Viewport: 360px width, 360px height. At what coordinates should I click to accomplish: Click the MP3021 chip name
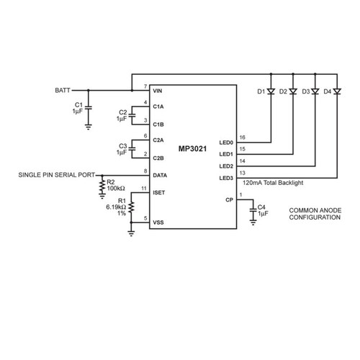pyautogui.click(x=192, y=149)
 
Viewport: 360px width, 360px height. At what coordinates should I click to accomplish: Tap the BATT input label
pyautogui.click(x=63, y=91)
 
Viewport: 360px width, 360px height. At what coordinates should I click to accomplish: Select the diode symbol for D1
pyautogui.click(x=271, y=91)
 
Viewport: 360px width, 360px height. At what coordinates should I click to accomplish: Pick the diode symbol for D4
pyautogui.click(x=337, y=91)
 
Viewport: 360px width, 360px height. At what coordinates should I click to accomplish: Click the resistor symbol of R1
pyautogui.click(x=131, y=207)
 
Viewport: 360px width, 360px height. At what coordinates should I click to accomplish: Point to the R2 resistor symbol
pyautogui.click(x=102, y=186)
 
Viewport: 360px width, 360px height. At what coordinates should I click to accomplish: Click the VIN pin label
pyautogui.click(x=158, y=91)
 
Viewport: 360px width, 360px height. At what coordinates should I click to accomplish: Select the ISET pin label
pyautogui.click(x=159, y=193)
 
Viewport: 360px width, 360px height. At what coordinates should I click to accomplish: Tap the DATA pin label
pyautogui.click(x=160, y=176)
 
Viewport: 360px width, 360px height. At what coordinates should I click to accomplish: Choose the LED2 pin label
pyautogui.click(x=226, y=166)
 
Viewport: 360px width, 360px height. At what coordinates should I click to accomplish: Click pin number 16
pyautogui.click(x=243, y=138)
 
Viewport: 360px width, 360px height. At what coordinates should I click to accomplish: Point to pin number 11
pyautogui.click(x=144, y=189)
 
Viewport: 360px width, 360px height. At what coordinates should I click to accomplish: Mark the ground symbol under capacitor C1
pyautogui.click(x=89, y=127)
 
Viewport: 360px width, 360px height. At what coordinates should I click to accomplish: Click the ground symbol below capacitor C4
pyautogui.click(x=253, y=222)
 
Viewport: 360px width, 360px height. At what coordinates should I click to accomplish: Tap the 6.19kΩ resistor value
pyautogui.click(x=116, y=207)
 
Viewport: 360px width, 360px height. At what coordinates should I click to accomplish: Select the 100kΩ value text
pyautogui.click(x=116, y=189)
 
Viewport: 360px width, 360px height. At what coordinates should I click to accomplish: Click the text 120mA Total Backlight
pyautogui.click(x=273, y=183)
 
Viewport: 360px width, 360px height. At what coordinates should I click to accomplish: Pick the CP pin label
pyautogui.click(x=229, y=199)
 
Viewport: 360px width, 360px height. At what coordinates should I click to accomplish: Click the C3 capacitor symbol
pyautogui.click(x=132, y=149)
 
